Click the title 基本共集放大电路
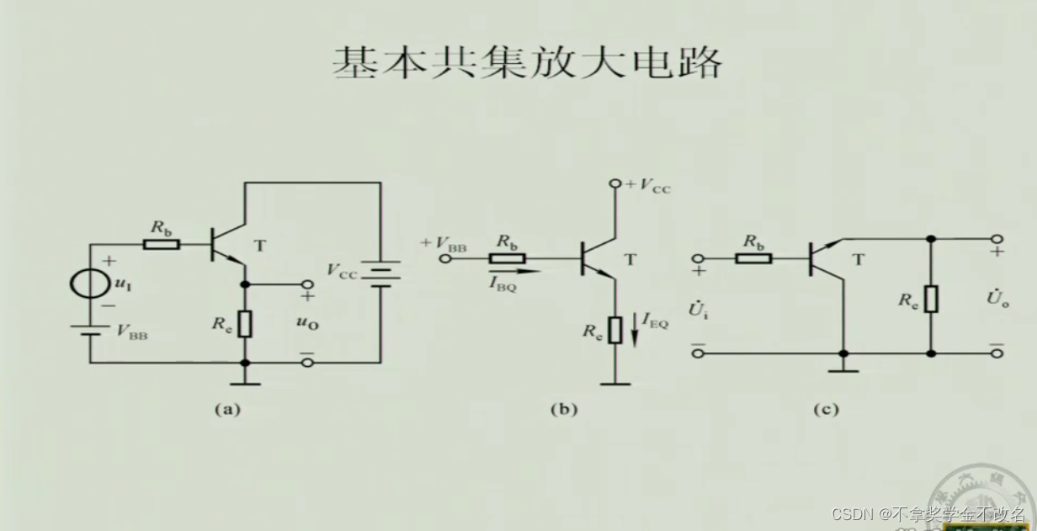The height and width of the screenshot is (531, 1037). [527, 63]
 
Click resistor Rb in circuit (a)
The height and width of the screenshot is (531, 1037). [161, 245]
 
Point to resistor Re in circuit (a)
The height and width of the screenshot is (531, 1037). [244, 323]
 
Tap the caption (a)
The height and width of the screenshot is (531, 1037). [227, 410]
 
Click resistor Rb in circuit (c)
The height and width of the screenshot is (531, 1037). [753, 257]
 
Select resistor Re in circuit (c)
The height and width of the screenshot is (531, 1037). [931, 299]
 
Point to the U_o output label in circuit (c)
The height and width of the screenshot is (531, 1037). [999, 299]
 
